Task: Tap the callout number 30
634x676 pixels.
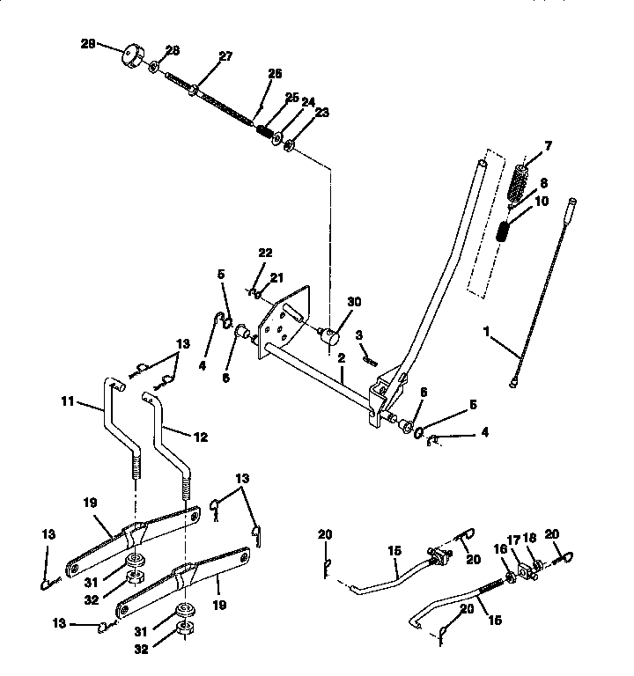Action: tap(354, 301)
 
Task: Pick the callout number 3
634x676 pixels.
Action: tap(359, 335)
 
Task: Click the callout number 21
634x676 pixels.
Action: tap(276, 278)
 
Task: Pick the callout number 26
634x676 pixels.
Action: tap(274, 74)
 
